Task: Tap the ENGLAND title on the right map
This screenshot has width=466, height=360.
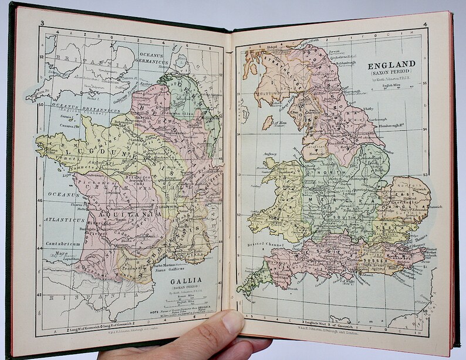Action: (391, 64)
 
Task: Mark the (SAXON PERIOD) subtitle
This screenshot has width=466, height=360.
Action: (391, 73)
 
